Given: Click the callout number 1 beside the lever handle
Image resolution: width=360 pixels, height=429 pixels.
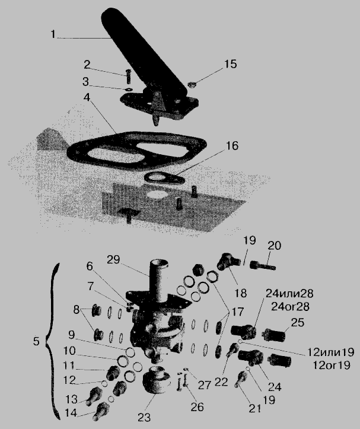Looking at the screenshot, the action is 53,34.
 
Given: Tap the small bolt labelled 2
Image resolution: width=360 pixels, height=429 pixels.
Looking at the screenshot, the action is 128,77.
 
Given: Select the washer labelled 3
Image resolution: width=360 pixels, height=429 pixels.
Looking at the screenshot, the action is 128,89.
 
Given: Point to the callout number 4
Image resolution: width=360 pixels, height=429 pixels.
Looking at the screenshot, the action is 87,97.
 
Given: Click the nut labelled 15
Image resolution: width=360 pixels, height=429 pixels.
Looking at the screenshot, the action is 192,85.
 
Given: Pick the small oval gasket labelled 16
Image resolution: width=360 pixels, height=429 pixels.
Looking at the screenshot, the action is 164,179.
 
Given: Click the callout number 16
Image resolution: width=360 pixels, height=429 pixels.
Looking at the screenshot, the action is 232,146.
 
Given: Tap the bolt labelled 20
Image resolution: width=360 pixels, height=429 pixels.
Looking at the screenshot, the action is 263,265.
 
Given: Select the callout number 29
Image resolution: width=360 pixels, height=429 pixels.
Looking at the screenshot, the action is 113,260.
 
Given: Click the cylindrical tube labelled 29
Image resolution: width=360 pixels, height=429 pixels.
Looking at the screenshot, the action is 158,279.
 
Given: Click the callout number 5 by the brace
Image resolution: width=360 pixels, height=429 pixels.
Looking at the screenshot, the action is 36,341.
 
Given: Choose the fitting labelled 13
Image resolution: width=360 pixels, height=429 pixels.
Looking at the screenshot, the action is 94,396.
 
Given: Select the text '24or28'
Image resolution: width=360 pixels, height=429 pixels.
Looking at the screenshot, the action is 290,306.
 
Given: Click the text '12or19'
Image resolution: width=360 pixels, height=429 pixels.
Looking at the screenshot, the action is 332,366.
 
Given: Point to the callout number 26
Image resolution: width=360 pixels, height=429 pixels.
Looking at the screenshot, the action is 197,407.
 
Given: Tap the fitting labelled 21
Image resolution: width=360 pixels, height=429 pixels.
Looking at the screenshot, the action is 240,380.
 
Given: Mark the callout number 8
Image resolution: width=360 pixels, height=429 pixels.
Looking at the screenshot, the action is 77,310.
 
